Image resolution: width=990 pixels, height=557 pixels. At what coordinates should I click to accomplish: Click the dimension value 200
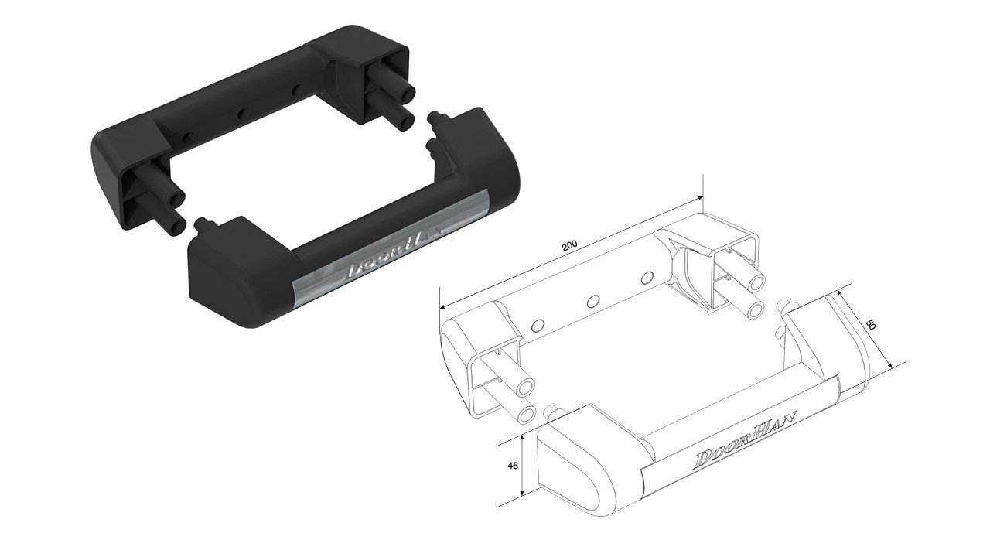(x=570, y=247)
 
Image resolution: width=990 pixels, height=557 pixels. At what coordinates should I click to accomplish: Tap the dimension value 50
(x=871, y=326)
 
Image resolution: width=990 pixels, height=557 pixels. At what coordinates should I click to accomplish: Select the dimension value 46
(x=513, y=466)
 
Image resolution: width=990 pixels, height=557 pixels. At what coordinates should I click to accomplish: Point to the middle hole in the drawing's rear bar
(x=593, y=302)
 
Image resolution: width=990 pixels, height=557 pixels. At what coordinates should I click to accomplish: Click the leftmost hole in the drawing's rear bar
(x=538, y=326)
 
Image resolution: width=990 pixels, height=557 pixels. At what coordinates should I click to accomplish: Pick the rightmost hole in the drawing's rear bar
(x=647, y=278)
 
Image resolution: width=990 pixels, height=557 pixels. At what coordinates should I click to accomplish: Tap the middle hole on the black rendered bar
(x=242, y=114)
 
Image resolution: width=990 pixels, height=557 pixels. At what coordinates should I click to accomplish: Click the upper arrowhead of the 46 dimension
(x=523, y=437)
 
